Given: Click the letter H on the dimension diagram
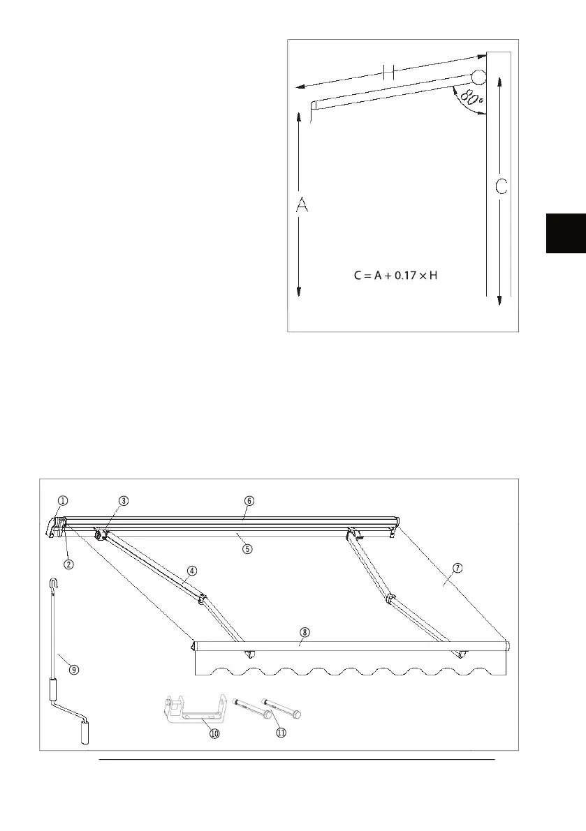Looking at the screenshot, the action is tap(390, 72).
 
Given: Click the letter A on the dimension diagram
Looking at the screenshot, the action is tap(302, 207).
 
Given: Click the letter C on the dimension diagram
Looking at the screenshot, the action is tap(501, 188).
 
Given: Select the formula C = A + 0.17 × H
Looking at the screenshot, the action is tap(395, 276).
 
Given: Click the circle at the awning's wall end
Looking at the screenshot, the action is tap(478, 77).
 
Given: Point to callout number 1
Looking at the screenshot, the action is tap(63, 500).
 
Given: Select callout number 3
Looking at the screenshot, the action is tap(123, 500).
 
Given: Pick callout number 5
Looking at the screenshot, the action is tap(247, 548).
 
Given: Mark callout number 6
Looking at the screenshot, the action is tap(249, 500).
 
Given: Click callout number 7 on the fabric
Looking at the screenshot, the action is tap(457, 567).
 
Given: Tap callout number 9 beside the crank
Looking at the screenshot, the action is tap(73, 668).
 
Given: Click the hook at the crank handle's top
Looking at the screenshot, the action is tap(54, 583).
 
